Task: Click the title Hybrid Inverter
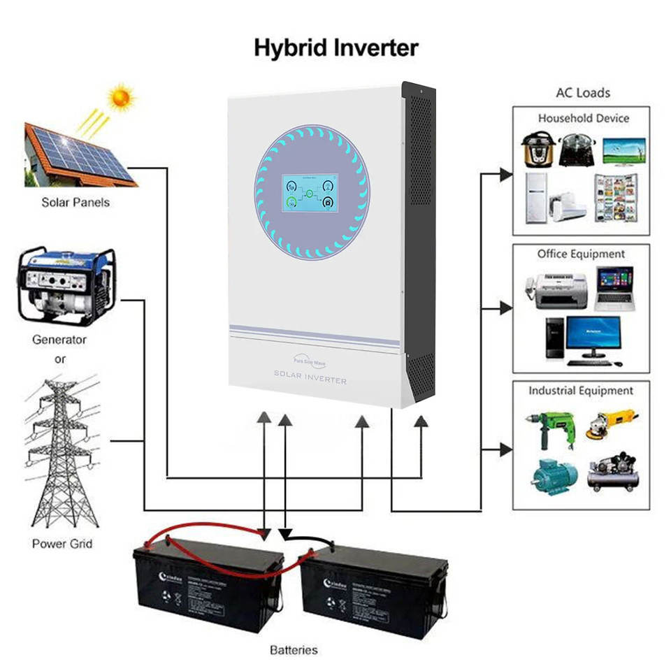[x=335, y=48]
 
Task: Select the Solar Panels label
[x=75, y=203]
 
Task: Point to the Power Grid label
[x=62, y=543]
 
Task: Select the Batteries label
[x=294, y=650]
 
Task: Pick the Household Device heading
[x=584, y=119]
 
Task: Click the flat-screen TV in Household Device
[x=623, y=150]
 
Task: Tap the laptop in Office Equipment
[x=614, y=288]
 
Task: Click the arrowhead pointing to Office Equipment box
[x=507, y=308]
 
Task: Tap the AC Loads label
[x=583, y=92]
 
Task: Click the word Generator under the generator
[x=59, y=340]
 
